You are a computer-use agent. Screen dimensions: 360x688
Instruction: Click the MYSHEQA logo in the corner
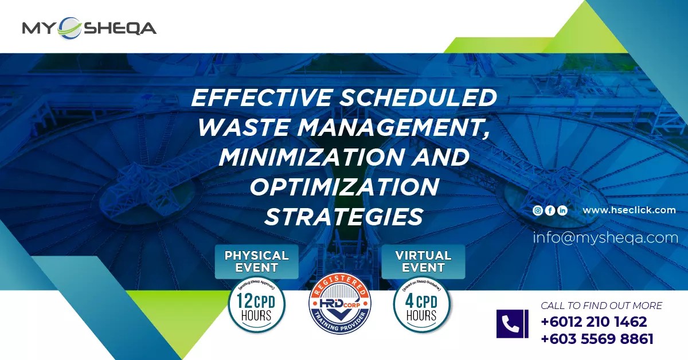(x=89, y=28)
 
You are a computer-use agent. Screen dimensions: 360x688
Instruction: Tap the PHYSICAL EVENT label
(x=256, y=261)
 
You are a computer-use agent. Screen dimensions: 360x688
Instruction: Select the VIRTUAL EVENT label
(x=423, y=261)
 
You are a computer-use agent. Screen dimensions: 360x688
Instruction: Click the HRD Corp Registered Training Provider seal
(x=339, y=306)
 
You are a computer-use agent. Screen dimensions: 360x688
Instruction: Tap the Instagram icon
(x=538, y=210)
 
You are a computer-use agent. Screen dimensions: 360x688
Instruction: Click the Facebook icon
(x=550, y=210)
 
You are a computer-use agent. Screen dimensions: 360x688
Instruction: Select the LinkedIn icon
(x=562, y=210)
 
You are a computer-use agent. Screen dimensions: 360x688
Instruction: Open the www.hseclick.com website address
(x=629, y=210)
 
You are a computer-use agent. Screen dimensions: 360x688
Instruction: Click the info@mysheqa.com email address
(x=605, y=237)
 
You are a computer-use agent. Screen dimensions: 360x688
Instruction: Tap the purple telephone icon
(x=512, y=324)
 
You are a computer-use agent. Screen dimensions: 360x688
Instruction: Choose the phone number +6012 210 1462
(x=593, y=322)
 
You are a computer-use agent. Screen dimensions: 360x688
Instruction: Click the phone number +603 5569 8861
(x=597, y=339)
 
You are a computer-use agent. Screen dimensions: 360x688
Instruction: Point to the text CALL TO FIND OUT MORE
(x=601, y=306)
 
